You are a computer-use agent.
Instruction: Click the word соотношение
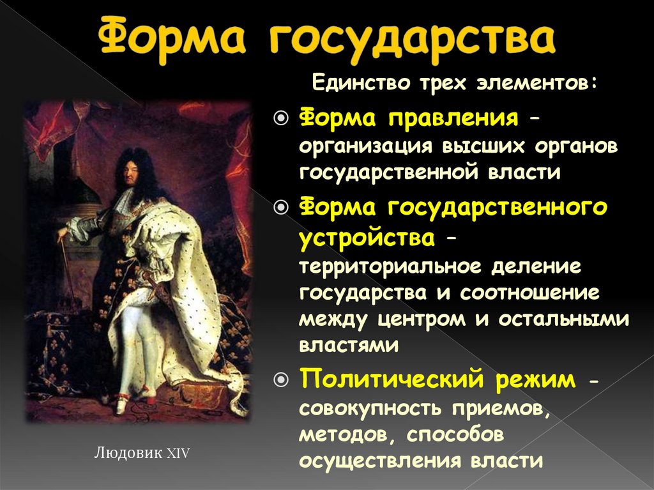(x=533, y=293)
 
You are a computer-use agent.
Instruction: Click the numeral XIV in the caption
(x=178, y=454)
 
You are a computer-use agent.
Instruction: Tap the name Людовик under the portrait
(x=128, y=454)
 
